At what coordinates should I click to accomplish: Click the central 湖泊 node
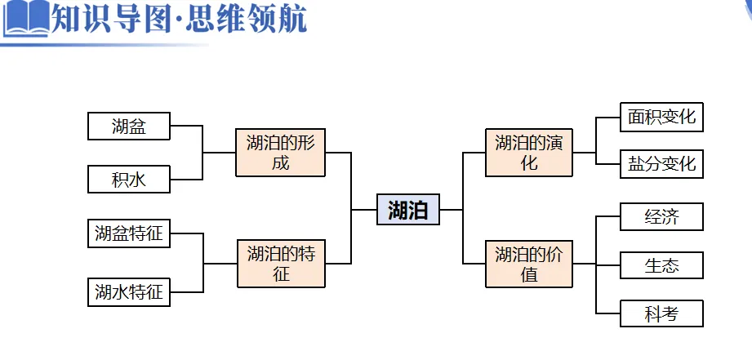point(407,209)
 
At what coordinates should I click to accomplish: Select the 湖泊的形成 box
point(280,153)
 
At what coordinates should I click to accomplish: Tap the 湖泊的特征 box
point(280,263)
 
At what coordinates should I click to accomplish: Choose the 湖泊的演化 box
point(529,153)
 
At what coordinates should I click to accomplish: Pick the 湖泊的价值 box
point(529,264)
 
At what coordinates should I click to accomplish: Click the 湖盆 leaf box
point(129,127)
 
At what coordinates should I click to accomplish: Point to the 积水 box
point(129,179)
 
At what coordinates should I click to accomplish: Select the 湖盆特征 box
point(129,234)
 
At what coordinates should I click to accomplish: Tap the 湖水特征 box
point(129,291)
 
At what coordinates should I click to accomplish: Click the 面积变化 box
point(661,117)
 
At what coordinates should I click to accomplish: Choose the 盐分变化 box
point(661,164)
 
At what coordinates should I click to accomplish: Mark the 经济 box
point(661,217)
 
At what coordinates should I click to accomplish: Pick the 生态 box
point(661,265)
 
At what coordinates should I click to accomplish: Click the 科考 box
point(661,313)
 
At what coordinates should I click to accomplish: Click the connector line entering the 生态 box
point(608,265)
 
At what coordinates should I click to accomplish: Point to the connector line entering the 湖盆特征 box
point(186,234)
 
